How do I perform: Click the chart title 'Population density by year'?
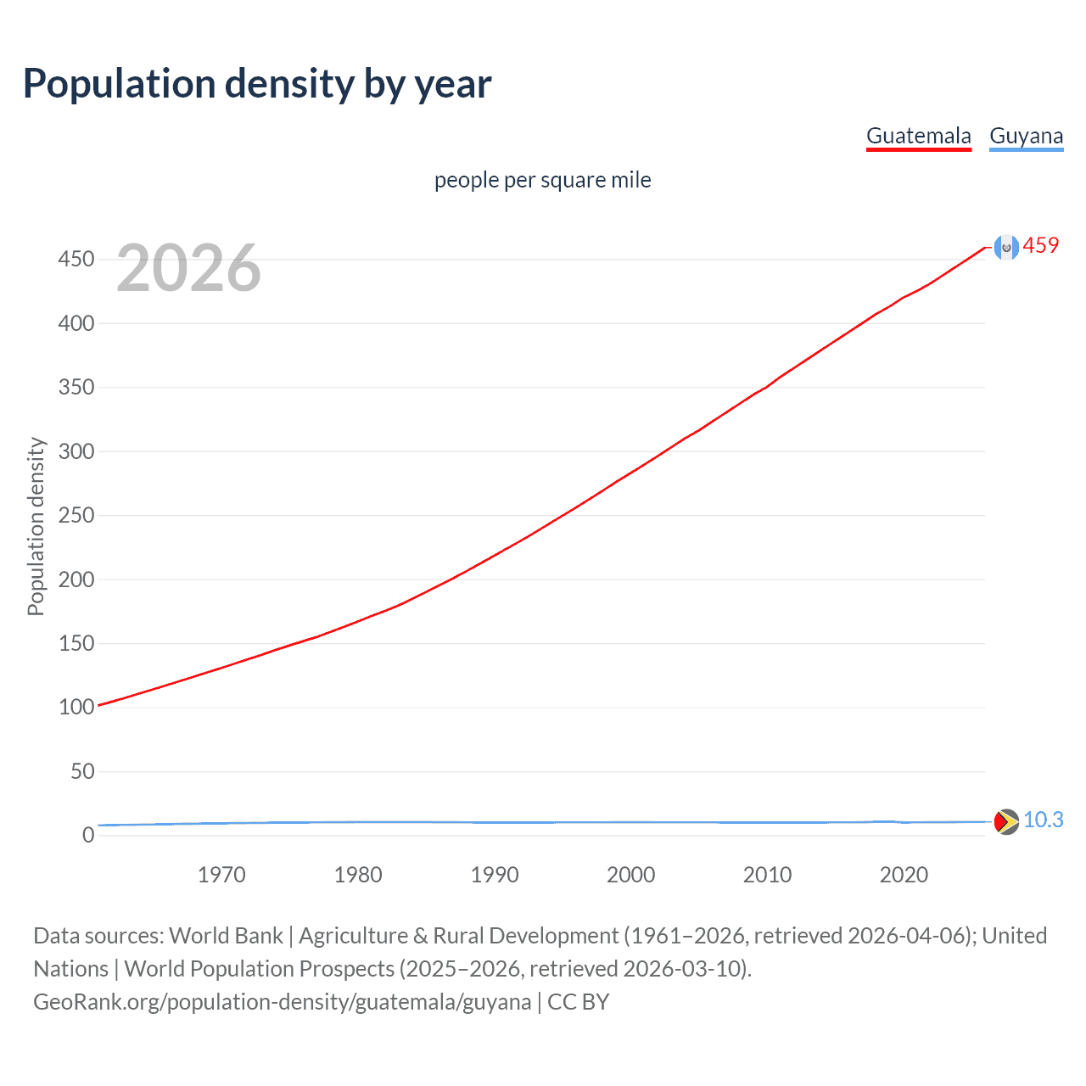(x=257, y=84)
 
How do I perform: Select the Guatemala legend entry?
(x=918, y=136)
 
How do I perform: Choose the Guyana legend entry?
(x=1026, y=136)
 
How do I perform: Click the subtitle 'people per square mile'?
(x=542, y=180)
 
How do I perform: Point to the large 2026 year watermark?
(x=188, y=268)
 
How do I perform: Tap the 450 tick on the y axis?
(x=76, y=259)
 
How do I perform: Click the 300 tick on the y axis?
(x=76, y=451)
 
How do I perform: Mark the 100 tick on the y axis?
(x=76, y=707)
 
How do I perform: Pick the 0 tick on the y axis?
(x=88, y=835)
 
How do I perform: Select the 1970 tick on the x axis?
(x=221, y=875)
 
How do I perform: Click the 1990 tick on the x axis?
(x=495, y=875)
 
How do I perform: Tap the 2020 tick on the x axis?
(x=904, y=875)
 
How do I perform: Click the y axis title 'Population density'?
(x=36, y=526)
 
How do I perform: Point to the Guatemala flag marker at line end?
(x=1006, y=248)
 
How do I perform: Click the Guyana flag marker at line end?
(x=1006, y=821)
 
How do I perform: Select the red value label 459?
(x=1041, y=245)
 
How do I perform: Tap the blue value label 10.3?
(x=1043, y=820)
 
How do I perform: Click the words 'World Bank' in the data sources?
(x=226, y=936)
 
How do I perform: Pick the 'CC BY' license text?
(x=579, y=1002)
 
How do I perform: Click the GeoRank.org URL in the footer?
(x=282, y=1002)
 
